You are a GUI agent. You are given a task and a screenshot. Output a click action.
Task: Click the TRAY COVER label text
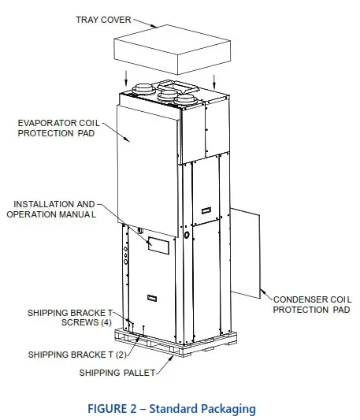(x=103, y=18)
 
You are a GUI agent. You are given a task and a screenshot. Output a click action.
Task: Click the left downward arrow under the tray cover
(x=128, y=80)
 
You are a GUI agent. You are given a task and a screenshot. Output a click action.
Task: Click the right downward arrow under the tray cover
(x=213, y=80)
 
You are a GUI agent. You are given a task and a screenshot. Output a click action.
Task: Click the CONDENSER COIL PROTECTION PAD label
(x=311, y=304)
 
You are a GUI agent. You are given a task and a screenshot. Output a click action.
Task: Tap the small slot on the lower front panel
(x=150, y=298)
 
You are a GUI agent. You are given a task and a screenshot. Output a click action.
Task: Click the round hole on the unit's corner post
(x=186, y=235)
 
